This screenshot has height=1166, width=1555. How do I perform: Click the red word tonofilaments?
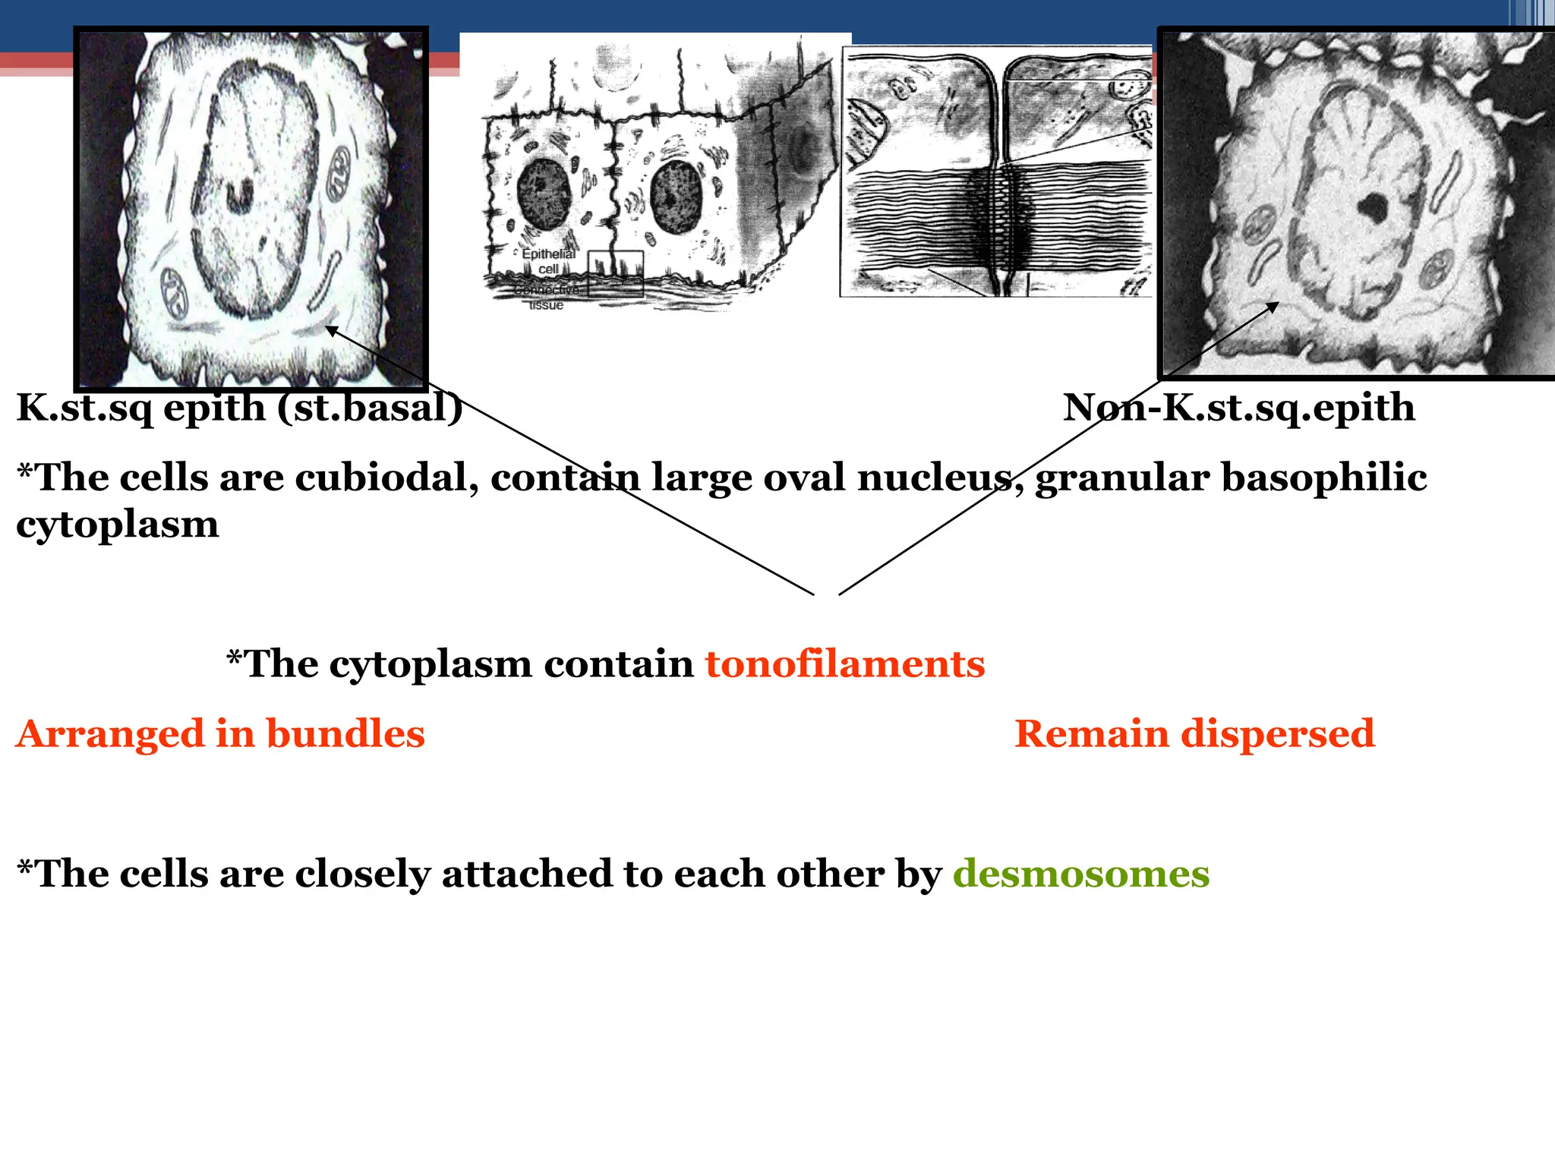(x=844, y=664)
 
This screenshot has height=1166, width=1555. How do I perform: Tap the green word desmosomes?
(x=1080, y=874)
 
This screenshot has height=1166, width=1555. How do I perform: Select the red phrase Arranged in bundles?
(x=220, y=734)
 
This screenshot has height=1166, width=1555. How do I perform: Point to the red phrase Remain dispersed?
(x=1194, y=734)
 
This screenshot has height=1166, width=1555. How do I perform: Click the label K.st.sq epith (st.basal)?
(x=239, y=408)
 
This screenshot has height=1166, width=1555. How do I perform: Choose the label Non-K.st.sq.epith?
(x=1238, y=408)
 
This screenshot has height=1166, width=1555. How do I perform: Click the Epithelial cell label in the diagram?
(x=548, y=261)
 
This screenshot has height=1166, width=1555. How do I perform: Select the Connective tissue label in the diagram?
(x=547, y=298)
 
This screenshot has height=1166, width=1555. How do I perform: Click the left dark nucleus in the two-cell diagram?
(x=543, y=193)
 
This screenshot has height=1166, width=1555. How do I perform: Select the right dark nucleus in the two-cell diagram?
(x=676, y=196)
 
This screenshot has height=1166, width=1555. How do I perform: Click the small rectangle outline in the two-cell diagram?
(x=616, y=273)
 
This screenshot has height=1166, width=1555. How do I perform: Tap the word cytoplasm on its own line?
(x=118, y=525)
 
